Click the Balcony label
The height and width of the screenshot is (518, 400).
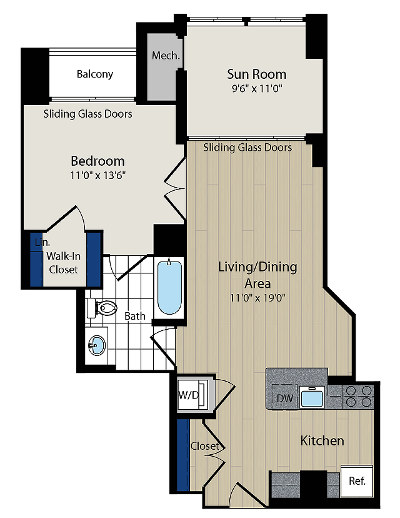coord(95,74)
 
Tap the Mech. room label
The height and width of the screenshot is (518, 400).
coord(166,56)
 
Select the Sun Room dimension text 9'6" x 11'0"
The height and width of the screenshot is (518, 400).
coord(257,89)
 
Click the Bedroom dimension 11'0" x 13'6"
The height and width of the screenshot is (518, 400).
coord(97,175)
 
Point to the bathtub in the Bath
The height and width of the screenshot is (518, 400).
coord(169,287)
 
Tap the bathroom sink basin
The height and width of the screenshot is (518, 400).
coord(96,345)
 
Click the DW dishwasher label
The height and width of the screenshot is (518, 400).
coord(285,399)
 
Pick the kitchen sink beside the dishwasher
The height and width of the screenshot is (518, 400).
coord(312,397)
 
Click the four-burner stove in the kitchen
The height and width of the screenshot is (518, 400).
coord(358,397)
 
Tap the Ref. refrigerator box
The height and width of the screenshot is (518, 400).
coord(357,481)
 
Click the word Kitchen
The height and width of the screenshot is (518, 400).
coord(322,440)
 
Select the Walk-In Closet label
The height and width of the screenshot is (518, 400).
coord(63,263)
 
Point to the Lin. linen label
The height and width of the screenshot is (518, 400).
coord(42,242)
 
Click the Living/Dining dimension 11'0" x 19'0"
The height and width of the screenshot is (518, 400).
coord(257,298)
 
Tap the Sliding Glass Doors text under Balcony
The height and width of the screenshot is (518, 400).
coord(87,114)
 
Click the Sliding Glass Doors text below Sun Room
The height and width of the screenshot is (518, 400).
coord(247,148)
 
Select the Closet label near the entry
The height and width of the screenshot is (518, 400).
coord(204,446)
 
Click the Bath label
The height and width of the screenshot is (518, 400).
coord(134,316)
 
